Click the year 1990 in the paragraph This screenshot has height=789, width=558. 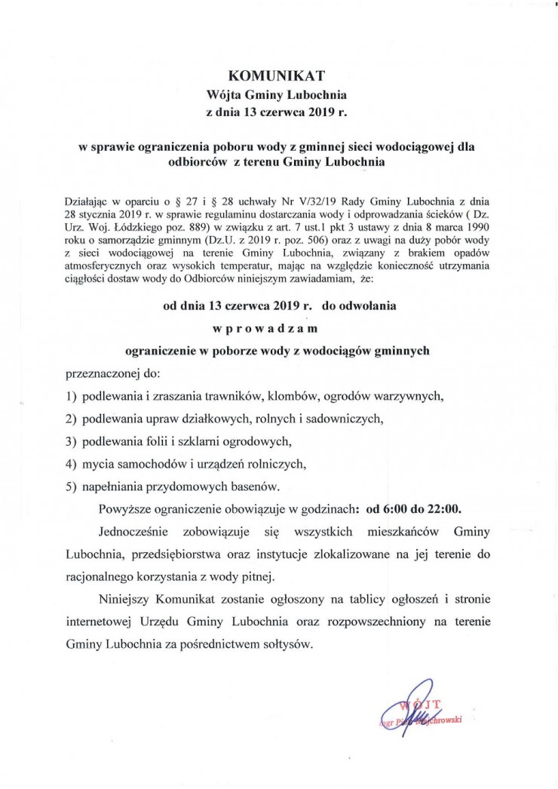tap(476, 228)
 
